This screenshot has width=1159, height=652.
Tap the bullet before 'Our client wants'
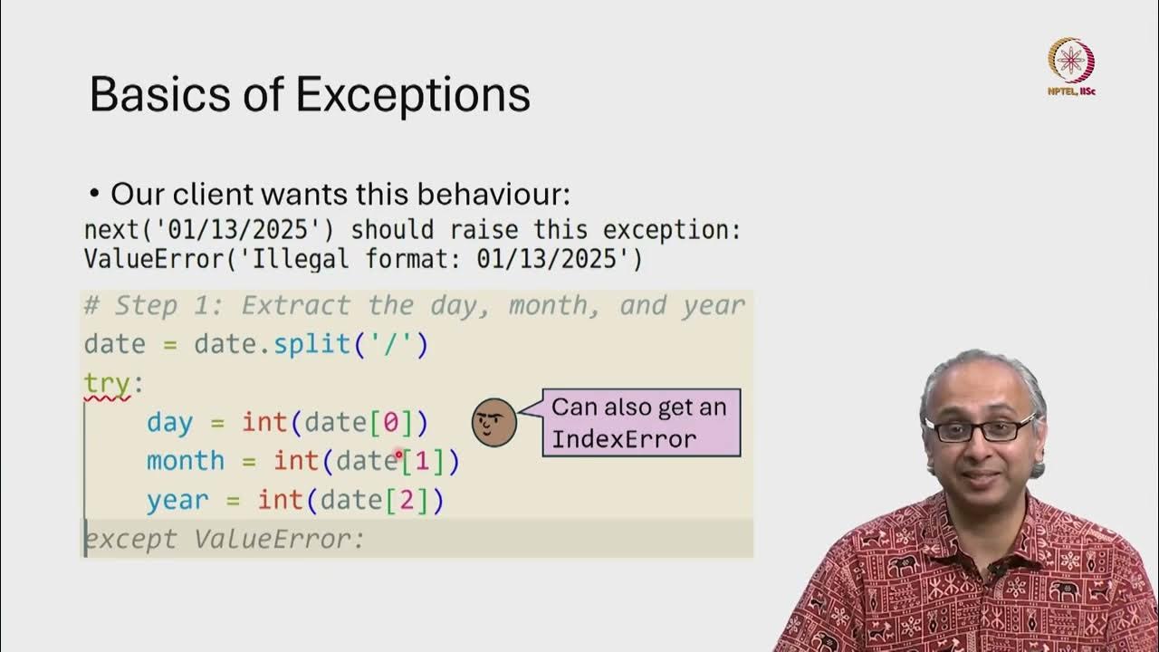click(x=94, y=195)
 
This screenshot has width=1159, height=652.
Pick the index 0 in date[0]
click(x=391, y=423)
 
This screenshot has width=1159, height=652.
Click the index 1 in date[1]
click(x=423, y=462)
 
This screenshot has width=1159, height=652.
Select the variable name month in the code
click(x=186, y=462)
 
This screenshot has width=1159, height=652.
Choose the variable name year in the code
click(x=177, y=501)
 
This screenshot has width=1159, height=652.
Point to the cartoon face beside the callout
click(x=494, y=421)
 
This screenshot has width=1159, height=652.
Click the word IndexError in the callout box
click(x=624, y=440)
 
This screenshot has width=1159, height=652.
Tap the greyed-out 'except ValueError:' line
click(x=225, y=540)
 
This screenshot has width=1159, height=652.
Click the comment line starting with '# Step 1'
click(x=414, y=306)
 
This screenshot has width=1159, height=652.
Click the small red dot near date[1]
click(x=398, y=454)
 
